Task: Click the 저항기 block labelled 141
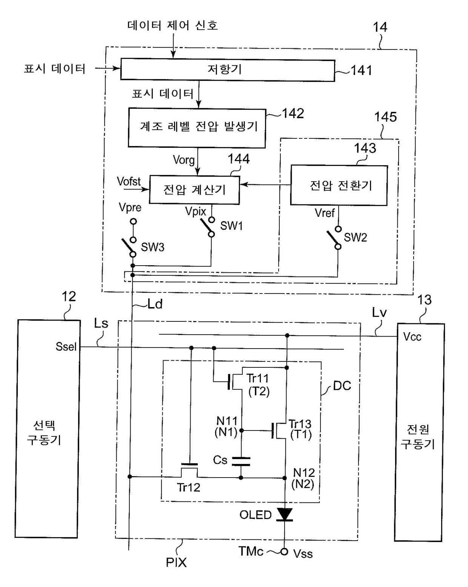(x=228, y=70)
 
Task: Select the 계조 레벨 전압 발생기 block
(x=197, y=128)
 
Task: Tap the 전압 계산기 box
(x=194, y=189)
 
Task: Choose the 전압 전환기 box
(x=339, y=185)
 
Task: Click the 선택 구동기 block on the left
(x=47, y=429)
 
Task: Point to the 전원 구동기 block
(x=419, y=432)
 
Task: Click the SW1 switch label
(x=231, y=226)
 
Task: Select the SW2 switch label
(x=355, y=237)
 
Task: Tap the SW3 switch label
(x=152, y=247)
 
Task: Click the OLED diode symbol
(x=285, y=515)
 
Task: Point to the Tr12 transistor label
(x=188, y=487)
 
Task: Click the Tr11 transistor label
(x=258, y=378)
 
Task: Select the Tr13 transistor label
(x=300, y=424)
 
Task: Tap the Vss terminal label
(x=303, y=553)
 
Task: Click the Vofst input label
(x=129, y=181)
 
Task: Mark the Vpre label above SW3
(x=130, y=207)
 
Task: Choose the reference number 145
(x=385, y=117)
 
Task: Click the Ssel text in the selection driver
(x=66, y=346)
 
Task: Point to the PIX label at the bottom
(x=176, y=562)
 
